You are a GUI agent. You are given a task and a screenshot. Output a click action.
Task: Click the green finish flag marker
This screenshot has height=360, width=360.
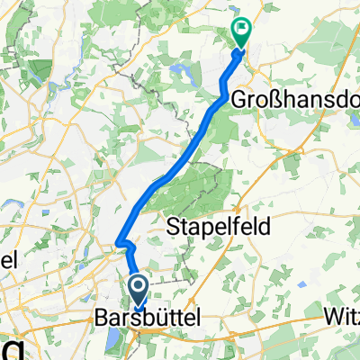point(242,32)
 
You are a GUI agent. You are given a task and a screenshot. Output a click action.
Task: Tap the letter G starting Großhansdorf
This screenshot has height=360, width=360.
point(240,98)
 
